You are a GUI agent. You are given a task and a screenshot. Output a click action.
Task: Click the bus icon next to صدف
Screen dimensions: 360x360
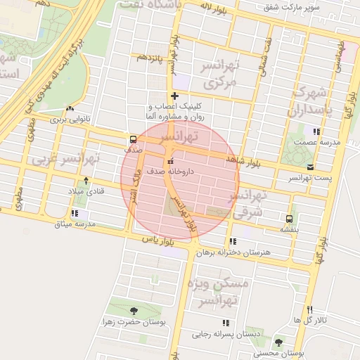click(x=134, y=139)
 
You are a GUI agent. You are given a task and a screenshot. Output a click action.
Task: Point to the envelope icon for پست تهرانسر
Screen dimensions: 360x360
click(x=311, y=167)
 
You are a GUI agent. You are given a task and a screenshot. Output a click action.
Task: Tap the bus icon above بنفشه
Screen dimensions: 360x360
click(x=290, y=218)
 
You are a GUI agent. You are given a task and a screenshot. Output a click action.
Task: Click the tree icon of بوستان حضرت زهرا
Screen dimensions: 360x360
click(x=134, y=310)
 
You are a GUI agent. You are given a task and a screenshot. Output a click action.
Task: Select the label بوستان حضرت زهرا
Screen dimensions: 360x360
click(x=134, y=322)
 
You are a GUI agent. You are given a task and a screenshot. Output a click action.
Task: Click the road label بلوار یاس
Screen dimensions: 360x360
click(x=157, y=240)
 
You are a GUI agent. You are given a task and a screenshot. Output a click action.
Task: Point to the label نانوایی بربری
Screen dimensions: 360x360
click(x=72, y=120)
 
